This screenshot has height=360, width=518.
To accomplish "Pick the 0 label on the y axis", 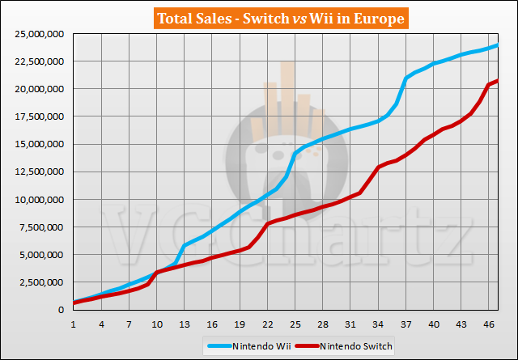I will click(61, 310).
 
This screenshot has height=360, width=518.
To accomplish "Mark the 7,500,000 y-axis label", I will click(38, 227).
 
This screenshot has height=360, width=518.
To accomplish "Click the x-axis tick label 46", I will click(490, 324).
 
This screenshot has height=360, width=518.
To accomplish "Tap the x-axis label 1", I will click(74, 324).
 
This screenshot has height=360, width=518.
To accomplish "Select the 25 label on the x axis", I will click(295, 324).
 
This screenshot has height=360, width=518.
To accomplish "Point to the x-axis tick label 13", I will click(185, 324).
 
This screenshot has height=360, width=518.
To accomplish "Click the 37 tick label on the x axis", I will click(406, 324).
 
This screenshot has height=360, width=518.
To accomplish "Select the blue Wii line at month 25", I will click(295, 153).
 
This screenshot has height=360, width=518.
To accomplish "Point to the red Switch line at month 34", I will click(379, 167).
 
